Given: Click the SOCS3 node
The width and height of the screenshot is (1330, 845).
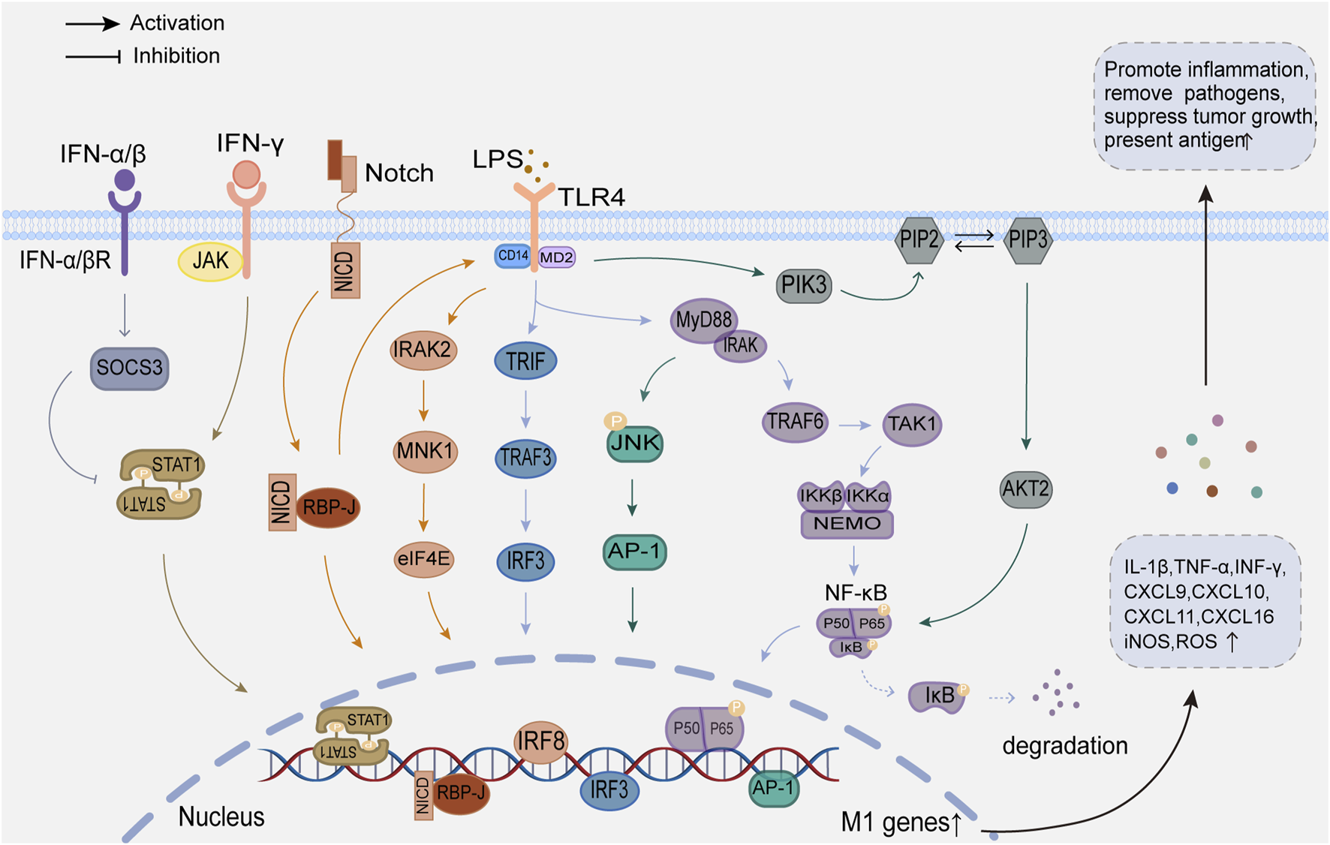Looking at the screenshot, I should click(x=129, y=368).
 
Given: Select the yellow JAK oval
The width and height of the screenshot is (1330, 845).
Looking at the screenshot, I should click(x=210, y=261).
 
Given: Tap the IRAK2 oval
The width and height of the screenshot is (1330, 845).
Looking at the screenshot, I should click(x=423, y=350).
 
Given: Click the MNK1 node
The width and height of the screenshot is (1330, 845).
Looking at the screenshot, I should click(x=425, y=451).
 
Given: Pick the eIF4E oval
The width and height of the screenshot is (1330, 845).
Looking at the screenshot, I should click(x=424, y=559).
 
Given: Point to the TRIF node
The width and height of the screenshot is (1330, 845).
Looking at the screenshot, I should click(x=525, y=361).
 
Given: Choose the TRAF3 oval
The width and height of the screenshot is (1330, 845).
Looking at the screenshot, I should click(x=525, y=457).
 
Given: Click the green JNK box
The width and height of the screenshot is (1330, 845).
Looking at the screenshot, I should click(x=635, y=444).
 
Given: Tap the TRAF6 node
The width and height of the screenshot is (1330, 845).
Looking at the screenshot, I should click(x=795, y=422).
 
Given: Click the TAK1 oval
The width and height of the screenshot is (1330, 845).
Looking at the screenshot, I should click(x=912, y=424).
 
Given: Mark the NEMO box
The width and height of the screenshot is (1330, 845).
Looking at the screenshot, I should click(x=847, y=524).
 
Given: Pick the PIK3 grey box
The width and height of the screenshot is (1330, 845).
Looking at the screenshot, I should click(x=804, y=285).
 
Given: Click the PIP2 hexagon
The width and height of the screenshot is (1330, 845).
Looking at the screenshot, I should click(x=919, y=240).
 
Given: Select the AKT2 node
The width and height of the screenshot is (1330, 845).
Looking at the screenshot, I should click(x=1026, y=489).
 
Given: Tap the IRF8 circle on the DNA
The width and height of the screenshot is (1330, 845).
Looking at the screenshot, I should click(x=540, y=742).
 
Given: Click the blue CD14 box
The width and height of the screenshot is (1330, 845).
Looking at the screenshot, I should click(x=513, y=256).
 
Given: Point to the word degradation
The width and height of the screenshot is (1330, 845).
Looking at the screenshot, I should click(x=1064, y=746).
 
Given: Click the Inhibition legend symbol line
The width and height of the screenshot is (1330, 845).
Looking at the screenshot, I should click(x=93, y=56).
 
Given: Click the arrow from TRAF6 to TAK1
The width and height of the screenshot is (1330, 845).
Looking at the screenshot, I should click(x=854, y=426).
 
